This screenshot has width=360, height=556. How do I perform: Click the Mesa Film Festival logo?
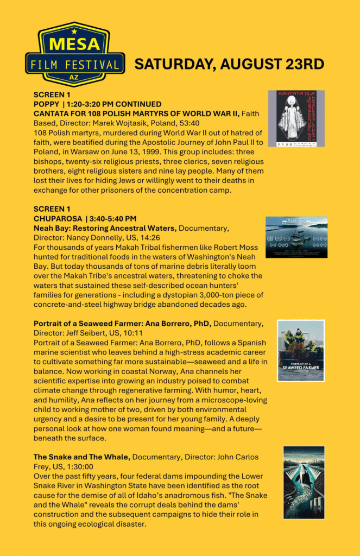tap(75, 54)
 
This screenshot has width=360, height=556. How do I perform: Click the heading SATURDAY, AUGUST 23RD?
tap(229, 64)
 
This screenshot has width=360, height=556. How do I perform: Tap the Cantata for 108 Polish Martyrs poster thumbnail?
tap(296, 118)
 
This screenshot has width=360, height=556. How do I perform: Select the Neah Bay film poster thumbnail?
tap(296, 237)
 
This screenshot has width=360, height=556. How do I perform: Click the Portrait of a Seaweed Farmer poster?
tap(301, 350)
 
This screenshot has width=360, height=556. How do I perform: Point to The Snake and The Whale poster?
tap(304, 482)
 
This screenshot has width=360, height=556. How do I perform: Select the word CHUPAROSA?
tap(56, 218)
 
